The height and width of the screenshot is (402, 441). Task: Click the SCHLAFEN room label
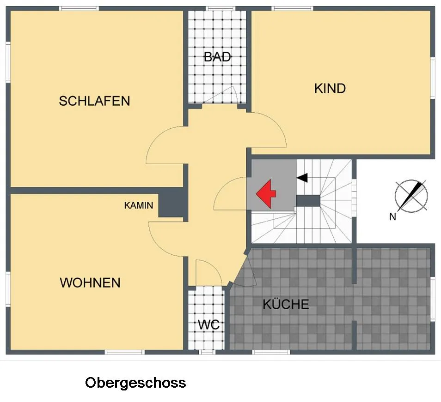tap(94, 101)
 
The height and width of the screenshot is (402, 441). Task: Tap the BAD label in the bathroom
tap(217, 57)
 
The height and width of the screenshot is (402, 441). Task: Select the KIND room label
tap(330, 89)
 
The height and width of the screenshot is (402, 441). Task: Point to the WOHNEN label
tap(90, 282)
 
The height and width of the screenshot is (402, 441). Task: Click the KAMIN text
tap(139, 205)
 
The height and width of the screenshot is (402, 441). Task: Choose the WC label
tap(208, 325)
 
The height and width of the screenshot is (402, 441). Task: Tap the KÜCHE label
tap(286, 304)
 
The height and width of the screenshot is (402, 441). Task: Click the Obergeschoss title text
tap(135, 383)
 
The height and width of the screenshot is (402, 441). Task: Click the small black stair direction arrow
tap(302, 178)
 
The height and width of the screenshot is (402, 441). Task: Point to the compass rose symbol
tap(411, 196)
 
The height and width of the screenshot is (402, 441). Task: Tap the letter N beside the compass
tap(392, 217)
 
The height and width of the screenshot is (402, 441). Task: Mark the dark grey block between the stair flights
tap(308, 201)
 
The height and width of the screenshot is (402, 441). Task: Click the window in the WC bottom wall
tap(207, 352)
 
